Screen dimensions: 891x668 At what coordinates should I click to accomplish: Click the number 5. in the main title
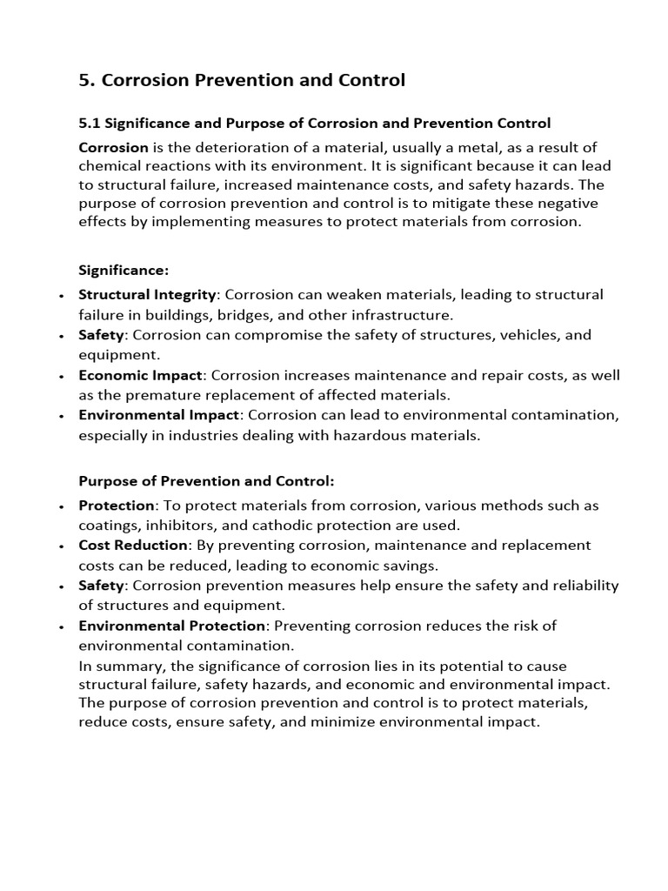[x=87, y=81]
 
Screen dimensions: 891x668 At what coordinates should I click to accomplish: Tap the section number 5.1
[x=89, y=124]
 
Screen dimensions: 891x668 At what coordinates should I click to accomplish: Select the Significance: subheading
[x=124, y=271]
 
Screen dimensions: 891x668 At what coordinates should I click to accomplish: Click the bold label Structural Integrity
[x=146, y=295]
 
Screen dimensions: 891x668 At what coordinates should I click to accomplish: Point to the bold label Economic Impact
[x=141, y=375]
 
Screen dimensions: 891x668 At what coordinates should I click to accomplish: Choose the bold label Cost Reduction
[x=133, y=545]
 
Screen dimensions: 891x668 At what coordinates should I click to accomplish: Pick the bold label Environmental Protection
[x=171, y=626]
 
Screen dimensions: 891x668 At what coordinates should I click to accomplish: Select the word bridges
[x=305, y=315]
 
